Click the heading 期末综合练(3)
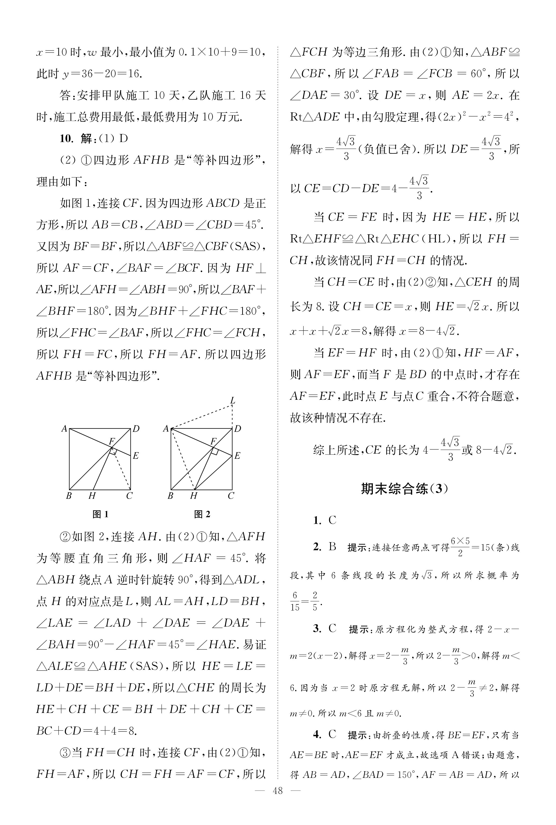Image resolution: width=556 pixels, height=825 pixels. [404, 489]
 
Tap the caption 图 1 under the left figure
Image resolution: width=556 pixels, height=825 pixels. [100, 514]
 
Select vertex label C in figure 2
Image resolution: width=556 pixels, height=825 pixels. [231, 496]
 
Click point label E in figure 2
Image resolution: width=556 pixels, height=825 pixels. [237, 456]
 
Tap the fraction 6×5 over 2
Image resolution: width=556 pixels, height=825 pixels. [460, 547]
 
